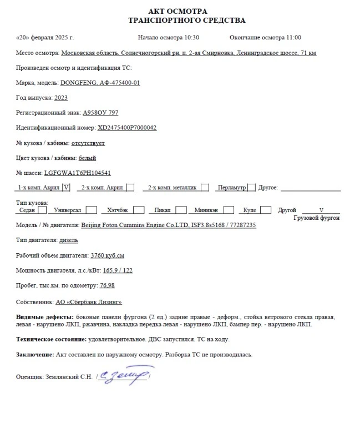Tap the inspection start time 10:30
(x=190, y=38)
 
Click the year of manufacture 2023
(x=61, y=98)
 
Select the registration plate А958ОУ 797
(x=100, y=113)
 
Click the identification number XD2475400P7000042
(x=127, y=128)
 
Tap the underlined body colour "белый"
(x=88, y=158)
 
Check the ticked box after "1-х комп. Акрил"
(x=67, y=188)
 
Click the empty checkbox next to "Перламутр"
(x=251, y=188)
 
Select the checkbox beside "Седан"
(x=43, y=210)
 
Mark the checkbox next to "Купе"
(x=266, y=210)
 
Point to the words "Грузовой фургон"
(x=316, y=218)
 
